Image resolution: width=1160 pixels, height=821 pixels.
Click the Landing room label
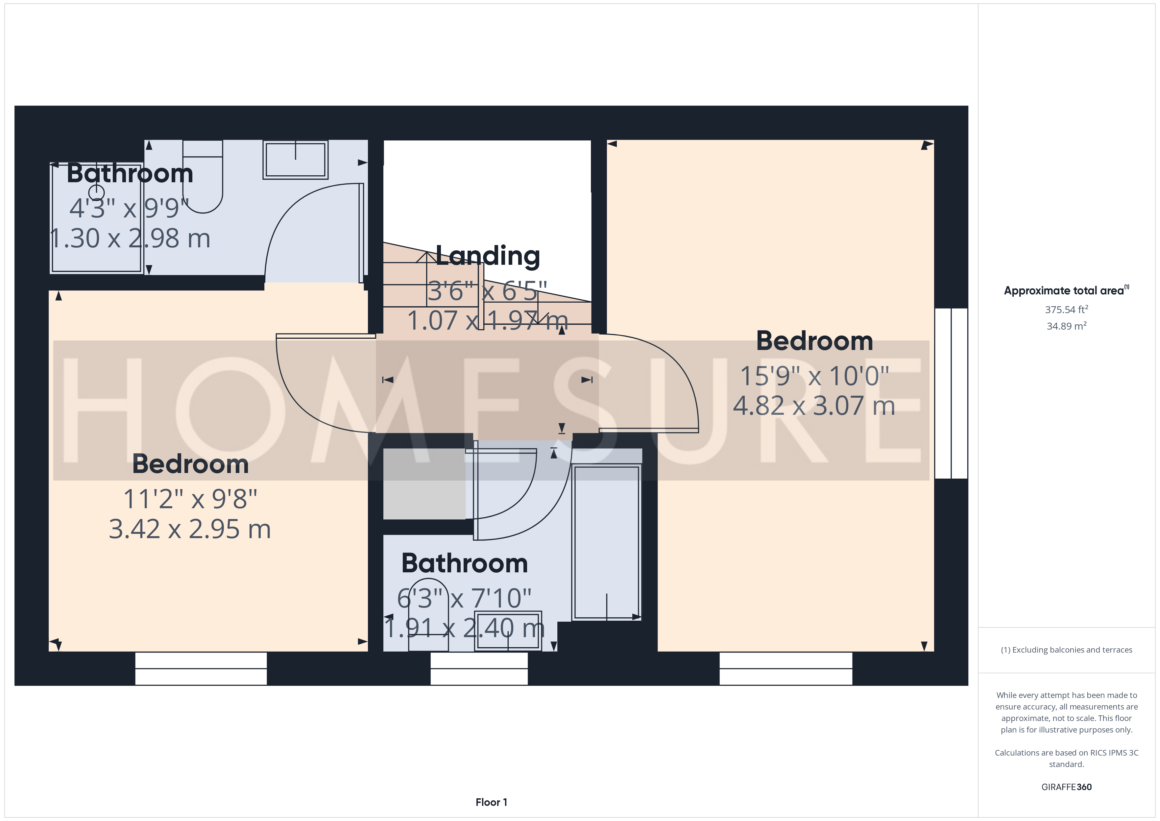[488, 256]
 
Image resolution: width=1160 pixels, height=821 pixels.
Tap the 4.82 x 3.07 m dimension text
[814, 406]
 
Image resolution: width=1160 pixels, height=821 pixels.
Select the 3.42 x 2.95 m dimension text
[190, 529]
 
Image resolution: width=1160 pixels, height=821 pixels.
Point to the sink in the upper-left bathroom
[296, 160]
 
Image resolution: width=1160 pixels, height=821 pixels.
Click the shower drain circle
[96, 193]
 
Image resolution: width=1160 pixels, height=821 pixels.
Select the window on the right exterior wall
[951, 393]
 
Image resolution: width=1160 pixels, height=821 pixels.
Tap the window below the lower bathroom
[479, 668]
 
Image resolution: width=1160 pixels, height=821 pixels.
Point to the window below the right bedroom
[785, 668]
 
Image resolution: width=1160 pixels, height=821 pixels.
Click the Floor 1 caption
[491, 802]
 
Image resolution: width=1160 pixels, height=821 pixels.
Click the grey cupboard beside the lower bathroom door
[424, 484]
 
